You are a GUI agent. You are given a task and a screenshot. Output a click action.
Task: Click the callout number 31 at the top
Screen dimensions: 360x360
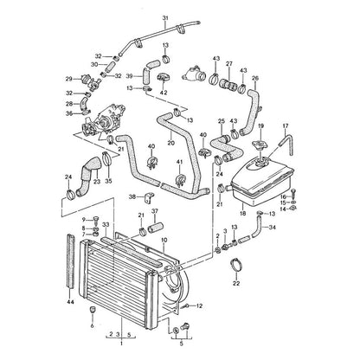(165, 18)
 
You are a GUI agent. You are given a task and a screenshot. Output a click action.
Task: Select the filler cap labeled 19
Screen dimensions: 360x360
(260, 144)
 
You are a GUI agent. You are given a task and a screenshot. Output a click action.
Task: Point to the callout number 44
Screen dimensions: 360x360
(70, 302)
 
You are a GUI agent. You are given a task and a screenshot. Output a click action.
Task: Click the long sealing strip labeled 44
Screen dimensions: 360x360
(70, 261)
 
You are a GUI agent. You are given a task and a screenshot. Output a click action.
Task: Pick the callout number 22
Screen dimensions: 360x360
(236, 284)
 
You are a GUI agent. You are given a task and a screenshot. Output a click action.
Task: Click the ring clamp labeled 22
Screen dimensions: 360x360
(236, 265)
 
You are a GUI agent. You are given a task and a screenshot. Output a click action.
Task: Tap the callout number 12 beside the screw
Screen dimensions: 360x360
(199, 305)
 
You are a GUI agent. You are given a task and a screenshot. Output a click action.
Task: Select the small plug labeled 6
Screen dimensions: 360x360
(93, 310)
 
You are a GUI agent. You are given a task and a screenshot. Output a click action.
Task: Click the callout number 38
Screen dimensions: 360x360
(132, 197)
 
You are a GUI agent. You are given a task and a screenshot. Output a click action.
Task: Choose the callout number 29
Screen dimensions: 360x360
(68, 79)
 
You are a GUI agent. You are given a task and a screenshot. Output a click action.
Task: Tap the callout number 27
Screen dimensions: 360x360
(229, 64)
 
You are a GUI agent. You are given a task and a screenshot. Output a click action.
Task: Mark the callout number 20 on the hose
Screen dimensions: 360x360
(170, 143)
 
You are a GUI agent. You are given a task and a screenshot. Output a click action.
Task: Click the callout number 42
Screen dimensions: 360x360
(164, 93)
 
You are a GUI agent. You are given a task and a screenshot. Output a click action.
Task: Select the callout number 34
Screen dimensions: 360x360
(273, 228)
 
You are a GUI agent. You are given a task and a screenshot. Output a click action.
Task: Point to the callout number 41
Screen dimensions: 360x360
(179, 163)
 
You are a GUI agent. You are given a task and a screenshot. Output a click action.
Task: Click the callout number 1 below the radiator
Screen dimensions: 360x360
(121, 344)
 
